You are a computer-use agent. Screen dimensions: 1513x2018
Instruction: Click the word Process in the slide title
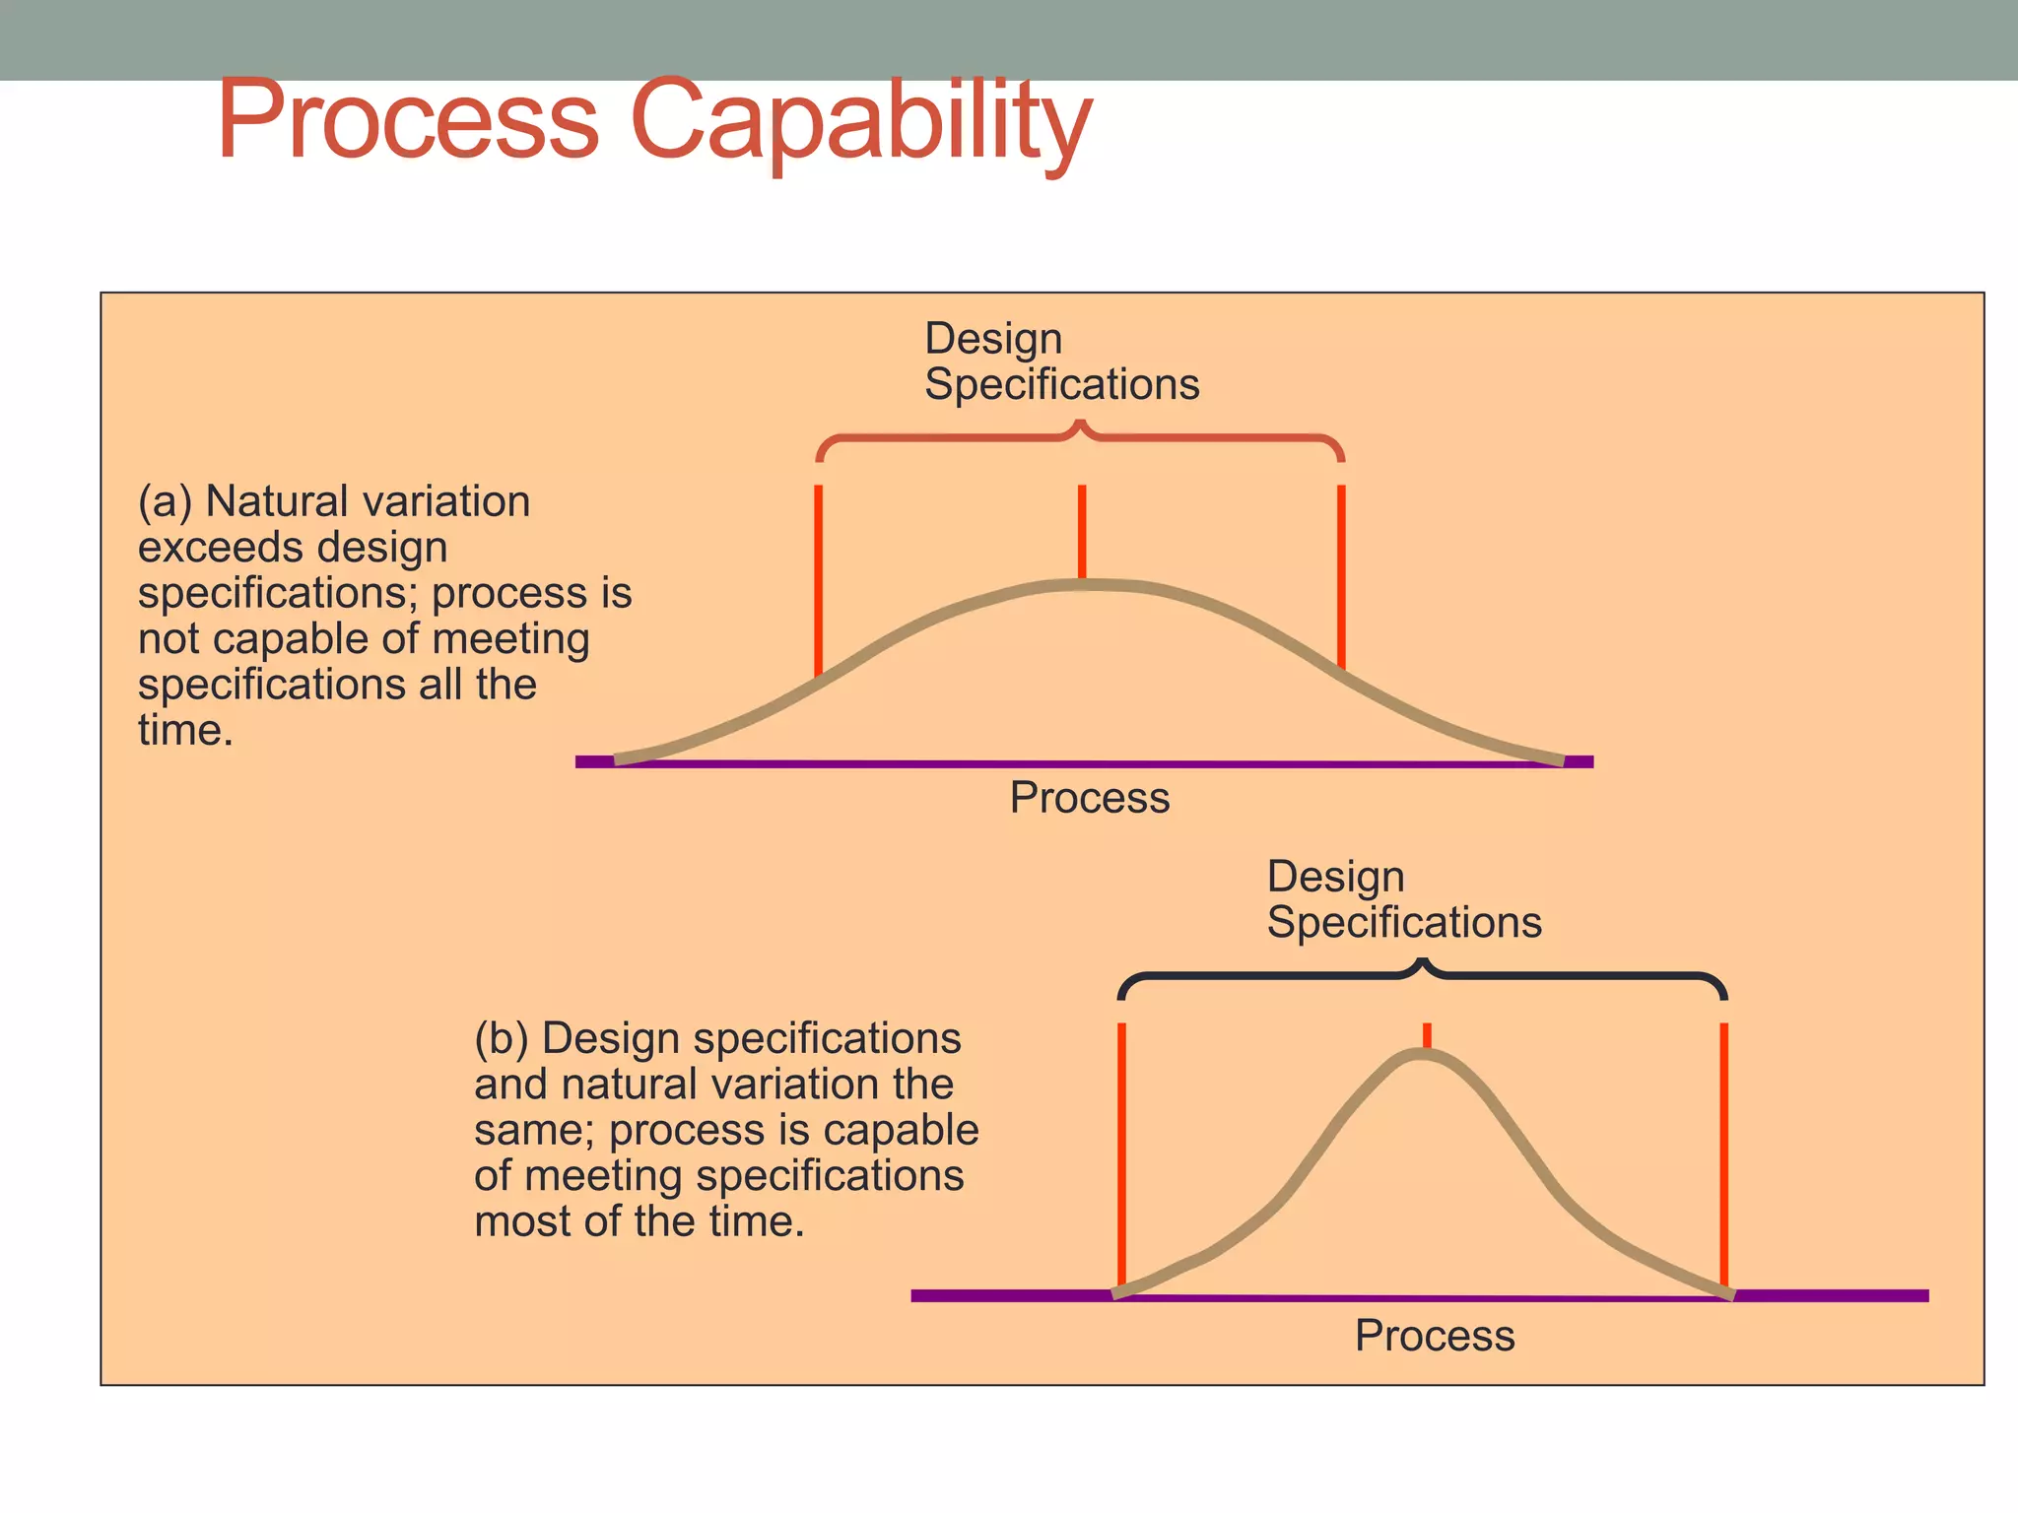[x=408, y=120]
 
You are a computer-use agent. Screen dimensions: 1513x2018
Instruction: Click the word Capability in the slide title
[x=860, y=122]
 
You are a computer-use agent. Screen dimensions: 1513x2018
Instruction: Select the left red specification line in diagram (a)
[x=819, y=576]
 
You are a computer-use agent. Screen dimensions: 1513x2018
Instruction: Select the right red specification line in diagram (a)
[x=1341, y=576]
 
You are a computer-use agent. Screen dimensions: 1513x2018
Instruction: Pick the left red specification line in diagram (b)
[x=1121, y=1152]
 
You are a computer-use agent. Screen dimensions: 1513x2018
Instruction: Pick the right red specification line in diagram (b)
[x=1723, y=1152]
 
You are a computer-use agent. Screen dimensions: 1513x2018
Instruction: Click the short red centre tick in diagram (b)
[x=1427, y=1035]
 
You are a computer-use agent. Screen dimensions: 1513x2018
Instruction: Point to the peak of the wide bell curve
[x=1082, y=585]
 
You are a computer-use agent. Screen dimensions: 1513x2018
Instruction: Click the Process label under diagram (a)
[x=1090, y=798]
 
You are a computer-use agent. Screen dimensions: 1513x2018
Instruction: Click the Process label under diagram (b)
[x=1435, y=1337]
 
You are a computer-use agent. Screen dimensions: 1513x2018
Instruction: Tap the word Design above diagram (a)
[x=993, y=339]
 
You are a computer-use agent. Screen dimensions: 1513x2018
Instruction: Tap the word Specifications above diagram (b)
[x=1404, y=923]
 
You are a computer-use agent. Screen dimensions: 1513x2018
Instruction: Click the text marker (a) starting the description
[x=165, y=502]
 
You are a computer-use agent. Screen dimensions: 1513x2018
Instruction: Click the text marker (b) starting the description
[x=502, y=1039]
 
